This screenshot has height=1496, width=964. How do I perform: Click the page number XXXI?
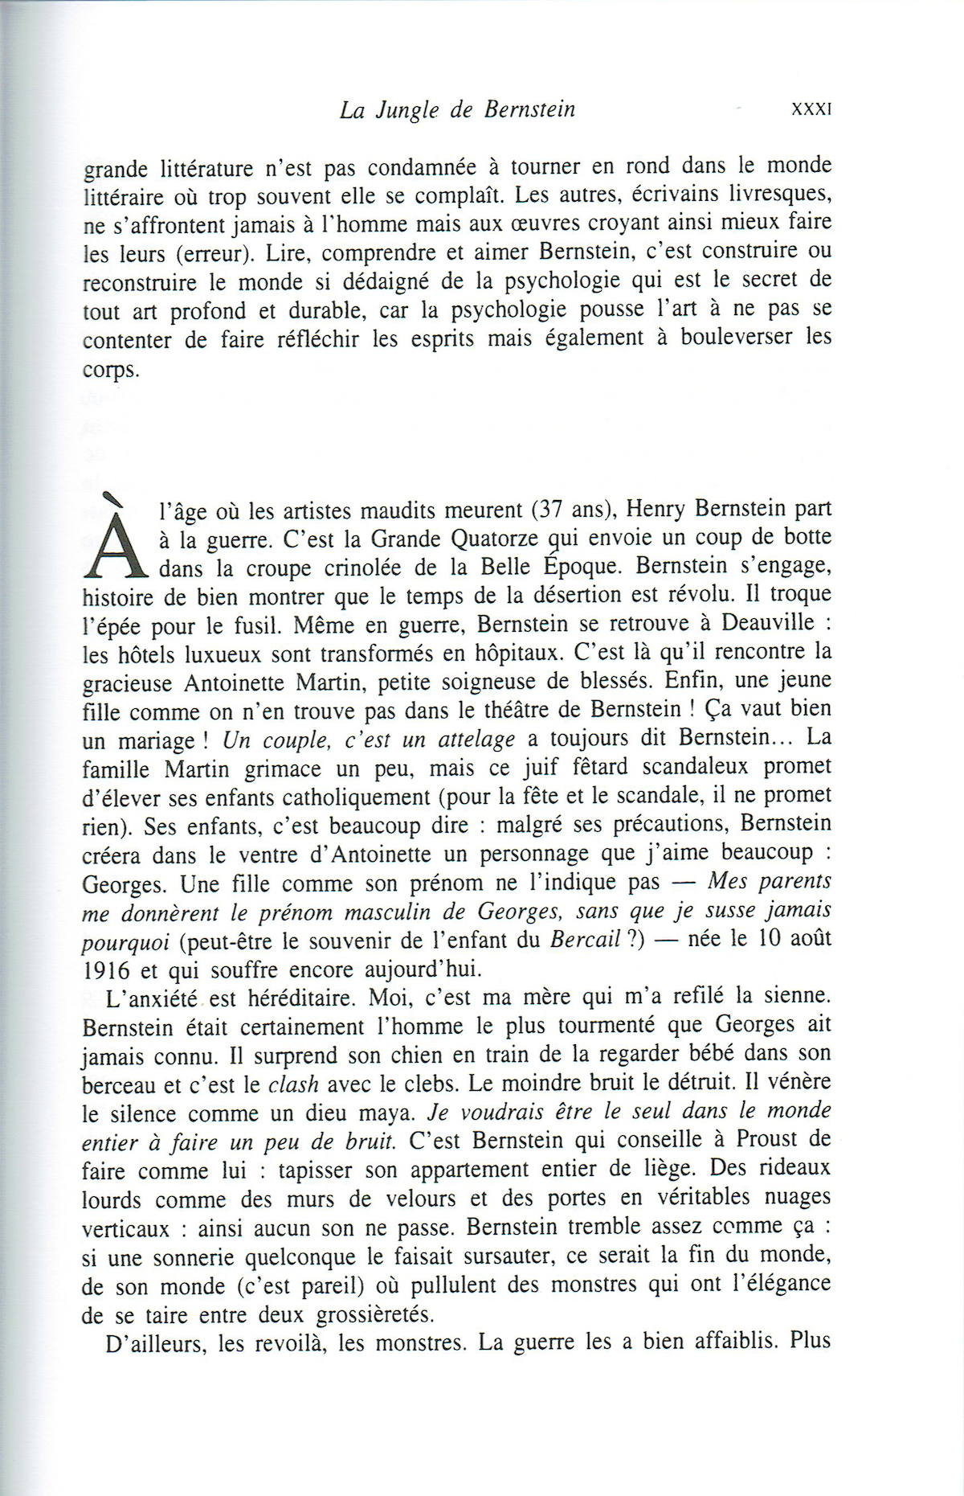tap(811, 109)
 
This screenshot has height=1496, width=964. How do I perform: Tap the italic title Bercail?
tap(585, 940)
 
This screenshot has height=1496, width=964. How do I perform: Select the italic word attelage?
tap(476, 740)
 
